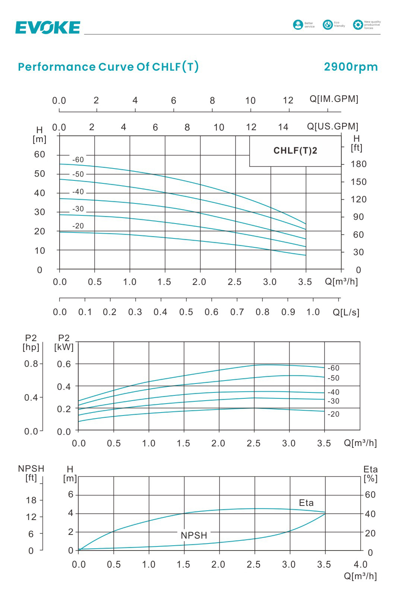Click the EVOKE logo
click(48, 28)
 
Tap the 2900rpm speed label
click(351, 67)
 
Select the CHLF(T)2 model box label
click(295, 151)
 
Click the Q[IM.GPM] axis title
click(334, 99)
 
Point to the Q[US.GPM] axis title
click(332, 126)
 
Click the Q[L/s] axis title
click(346, 312)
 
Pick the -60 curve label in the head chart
click(78, 160)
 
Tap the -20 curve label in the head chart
click(78, 226)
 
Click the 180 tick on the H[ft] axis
click(358, 164)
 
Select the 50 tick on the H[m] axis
click(39, 174)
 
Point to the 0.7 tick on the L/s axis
click(237, 312)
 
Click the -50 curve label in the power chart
click(334, 378)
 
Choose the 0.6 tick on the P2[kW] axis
click(64, 364)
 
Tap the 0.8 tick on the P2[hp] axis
click(31, 364)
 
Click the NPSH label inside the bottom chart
click(194, 535)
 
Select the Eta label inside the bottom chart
click(306, 503)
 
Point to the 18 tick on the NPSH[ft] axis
click(31, 500)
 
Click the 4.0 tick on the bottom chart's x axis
click(360, 565)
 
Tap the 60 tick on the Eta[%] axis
click(370, 495)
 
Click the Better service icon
click(298, 25)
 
